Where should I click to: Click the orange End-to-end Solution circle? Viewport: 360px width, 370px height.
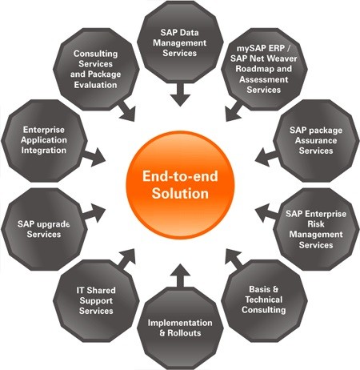click(180, 185)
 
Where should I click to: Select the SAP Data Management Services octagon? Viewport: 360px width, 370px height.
click(180, 42)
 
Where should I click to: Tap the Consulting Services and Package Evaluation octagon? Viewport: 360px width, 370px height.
click(96, 69)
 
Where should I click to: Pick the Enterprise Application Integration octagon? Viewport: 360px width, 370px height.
click(44, 141)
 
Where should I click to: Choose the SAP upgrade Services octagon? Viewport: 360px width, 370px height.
click(44, 229)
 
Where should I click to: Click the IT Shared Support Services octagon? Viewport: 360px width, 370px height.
click(96, 301)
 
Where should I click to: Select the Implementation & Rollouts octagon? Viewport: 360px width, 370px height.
click(180, 328)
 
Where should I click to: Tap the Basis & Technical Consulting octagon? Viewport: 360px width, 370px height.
click(264, 301)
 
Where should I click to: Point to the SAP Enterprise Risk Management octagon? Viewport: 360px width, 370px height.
click(316, 229)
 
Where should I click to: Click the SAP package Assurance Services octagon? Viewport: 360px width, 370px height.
click(316, 141)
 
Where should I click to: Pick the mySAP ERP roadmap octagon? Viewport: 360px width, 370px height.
click(264, 69)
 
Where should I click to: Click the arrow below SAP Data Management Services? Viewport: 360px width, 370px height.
click(180, 95)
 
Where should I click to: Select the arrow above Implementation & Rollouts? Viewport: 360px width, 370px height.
click(180, 275)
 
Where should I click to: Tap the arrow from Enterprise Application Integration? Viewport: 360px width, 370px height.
click(94, 157)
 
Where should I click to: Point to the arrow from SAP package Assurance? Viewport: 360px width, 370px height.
click(266, 157)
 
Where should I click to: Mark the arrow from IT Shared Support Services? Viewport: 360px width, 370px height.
click(126, 259)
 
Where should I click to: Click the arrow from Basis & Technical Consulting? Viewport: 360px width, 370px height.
click(234, 259)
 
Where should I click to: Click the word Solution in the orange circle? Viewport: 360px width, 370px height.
click(180, 193)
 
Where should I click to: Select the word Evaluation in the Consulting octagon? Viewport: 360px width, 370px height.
click(96, 85)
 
